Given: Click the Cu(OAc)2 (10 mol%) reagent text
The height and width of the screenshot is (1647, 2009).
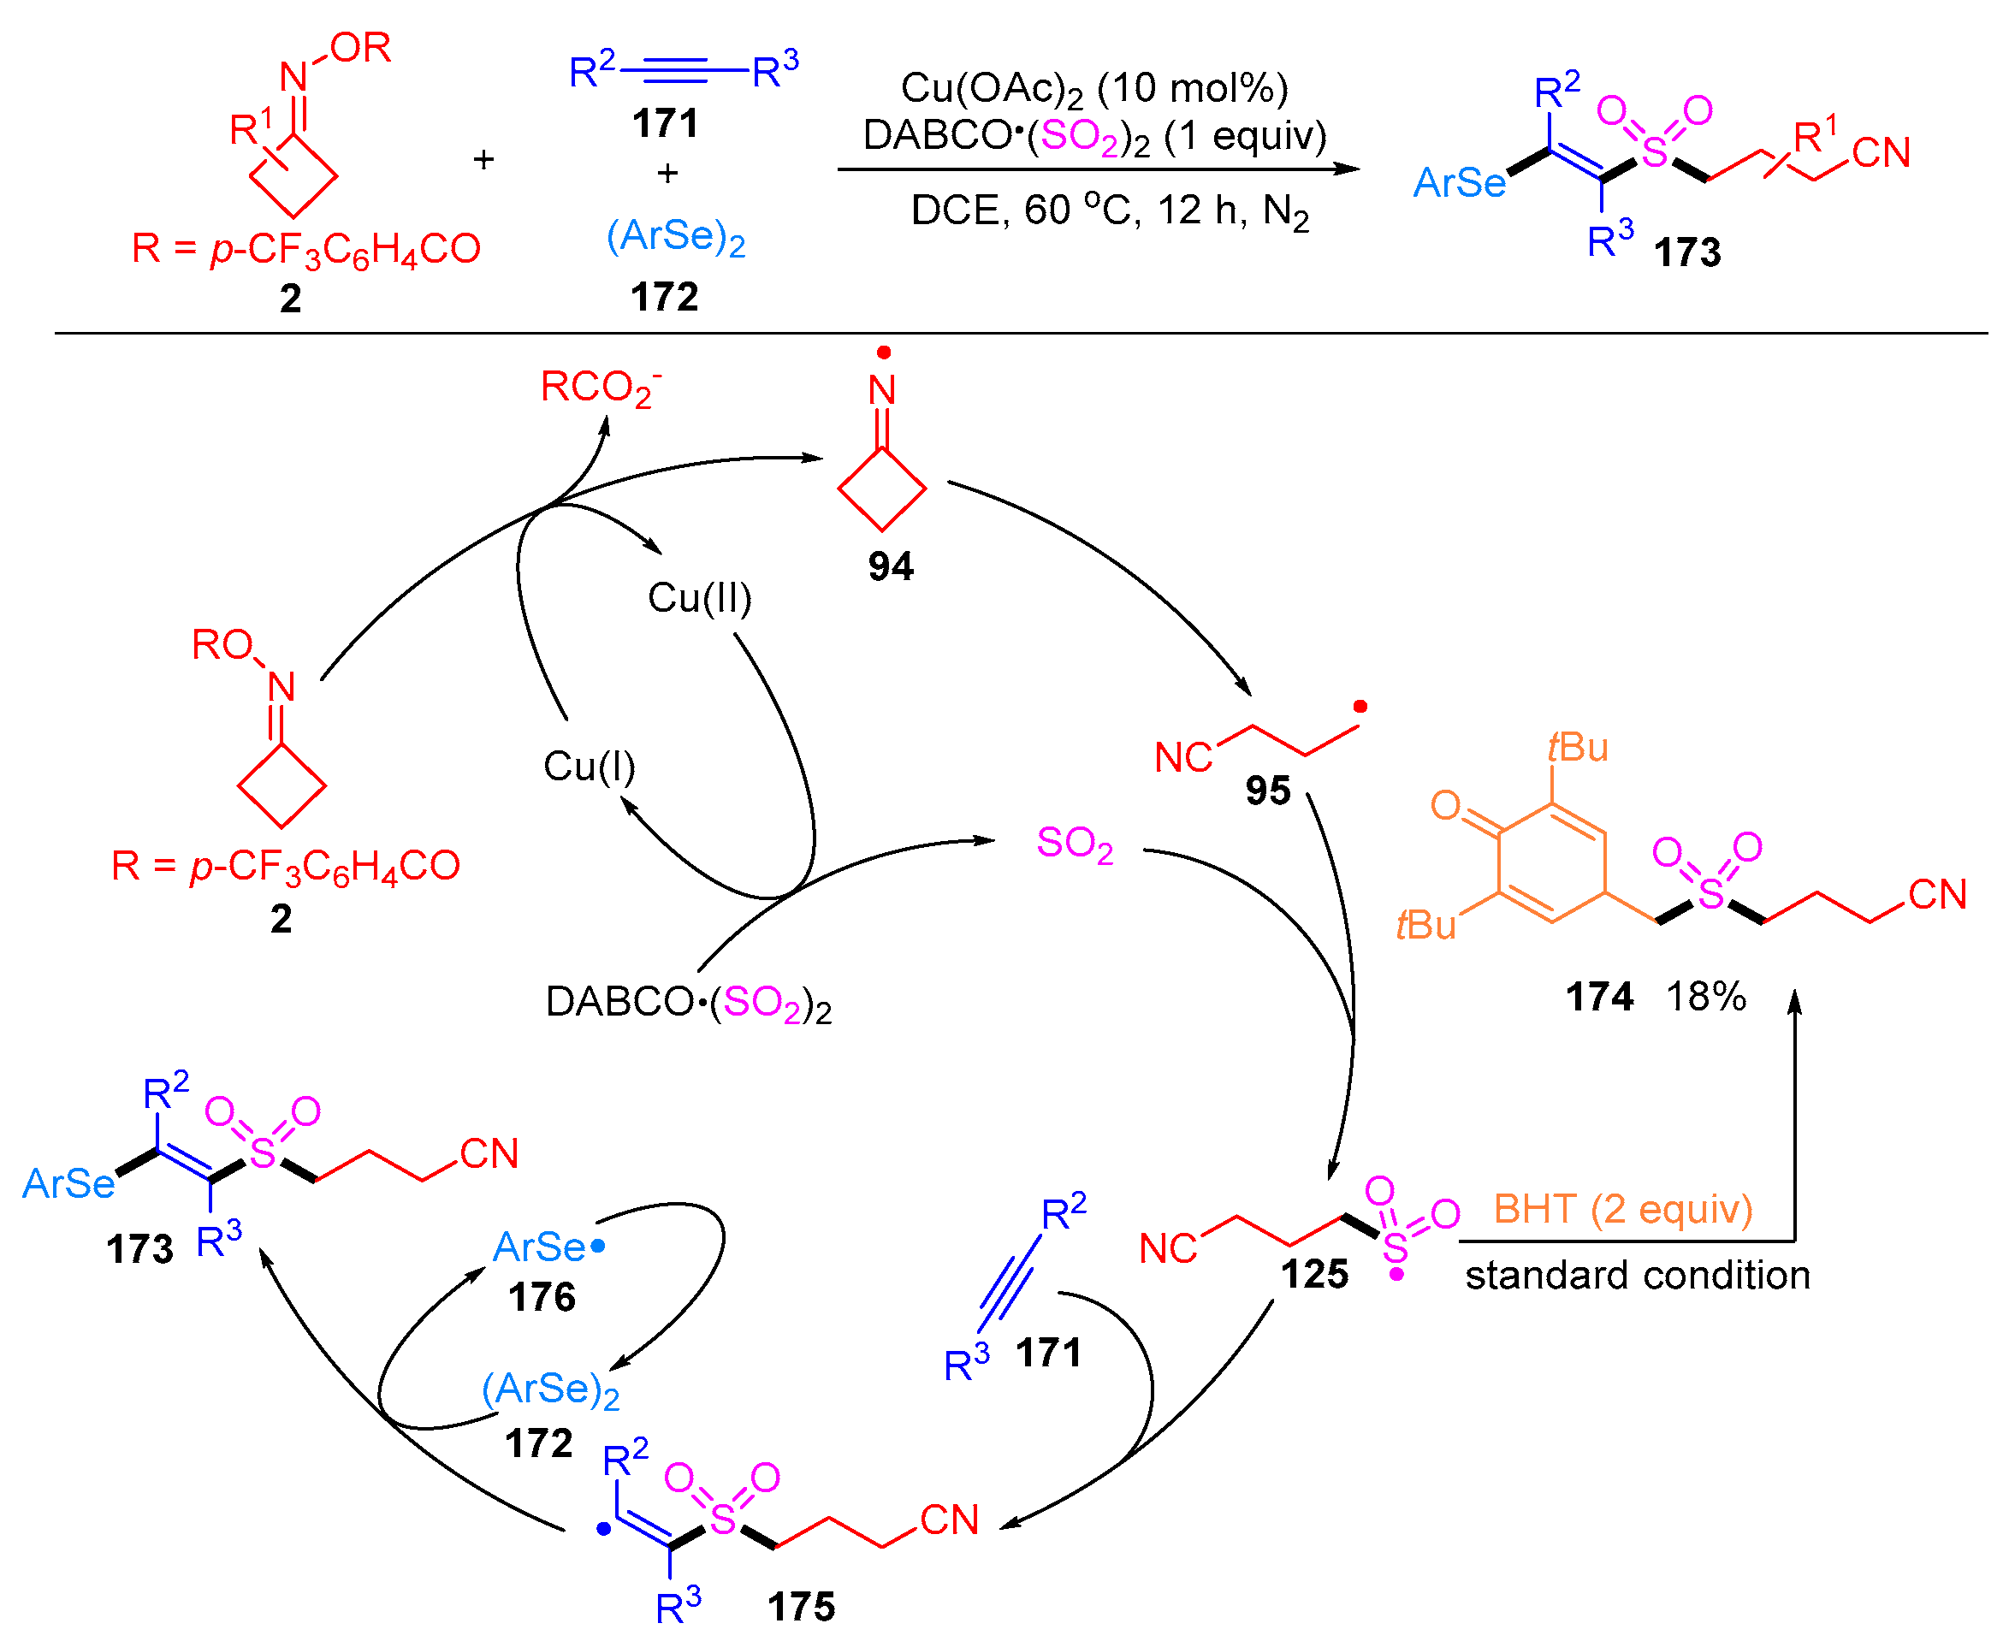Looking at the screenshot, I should (x=1093, y=88).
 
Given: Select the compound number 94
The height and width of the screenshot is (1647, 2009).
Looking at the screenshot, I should (x=890, y=566).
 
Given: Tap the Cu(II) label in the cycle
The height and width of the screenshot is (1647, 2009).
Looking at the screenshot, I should (x=699, y=598).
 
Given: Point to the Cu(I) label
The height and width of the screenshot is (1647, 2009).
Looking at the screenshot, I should (x=588, y=766).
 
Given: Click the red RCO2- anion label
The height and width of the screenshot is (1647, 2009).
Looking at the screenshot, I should (x=600, y=387).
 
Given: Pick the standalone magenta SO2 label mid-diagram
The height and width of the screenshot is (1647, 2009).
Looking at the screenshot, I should (x=1074, y=843).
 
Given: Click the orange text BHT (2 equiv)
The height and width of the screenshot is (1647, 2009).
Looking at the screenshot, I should (x=1622, y=1209).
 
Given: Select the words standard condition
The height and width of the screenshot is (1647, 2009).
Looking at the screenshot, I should (x=1636, y=1274).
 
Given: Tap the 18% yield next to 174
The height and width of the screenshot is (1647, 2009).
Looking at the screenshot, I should (x=1704, y=996).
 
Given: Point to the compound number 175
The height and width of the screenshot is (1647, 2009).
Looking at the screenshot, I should (x=801, y=1606).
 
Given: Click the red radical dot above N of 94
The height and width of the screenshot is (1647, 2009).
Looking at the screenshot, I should (x=883, y=353).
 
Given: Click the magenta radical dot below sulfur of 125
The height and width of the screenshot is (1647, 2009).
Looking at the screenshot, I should (x=1396, y=1274).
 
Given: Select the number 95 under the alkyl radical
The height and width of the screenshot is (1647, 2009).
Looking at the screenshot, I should (x=1267, y=791).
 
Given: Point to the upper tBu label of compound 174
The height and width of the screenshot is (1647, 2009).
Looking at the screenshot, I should (x=1578, y=748).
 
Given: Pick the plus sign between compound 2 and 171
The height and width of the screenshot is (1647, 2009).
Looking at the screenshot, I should (x=483, y=159).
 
